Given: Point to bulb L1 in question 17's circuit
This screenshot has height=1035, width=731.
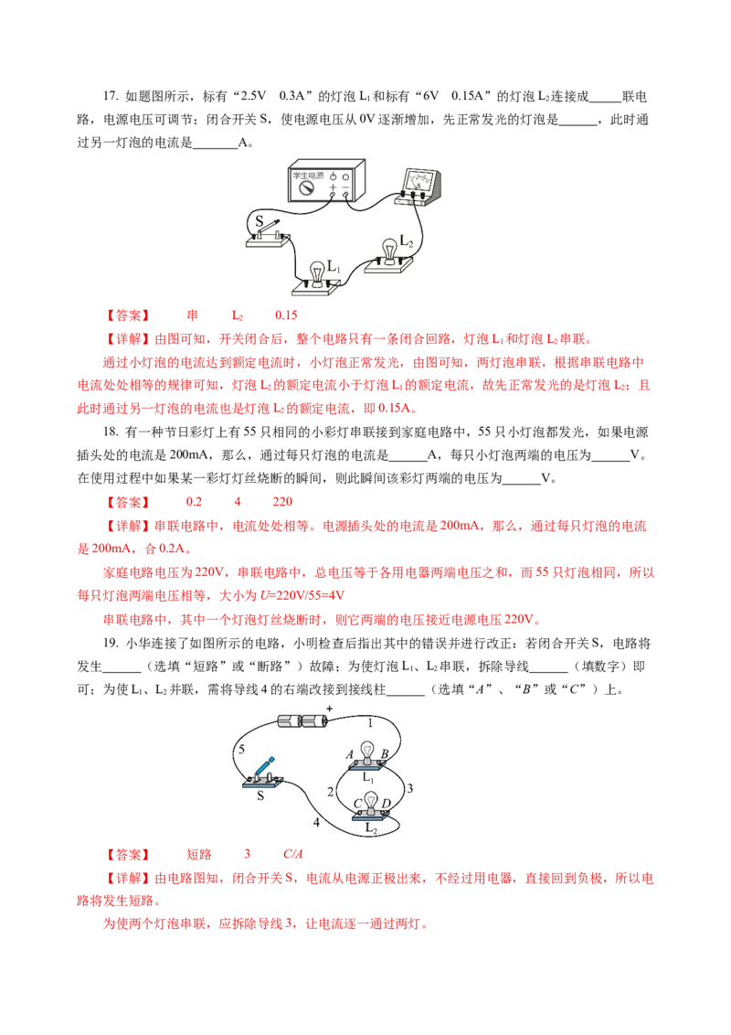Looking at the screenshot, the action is coord(317,278).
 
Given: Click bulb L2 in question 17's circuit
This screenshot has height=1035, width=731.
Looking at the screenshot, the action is coord(390,253).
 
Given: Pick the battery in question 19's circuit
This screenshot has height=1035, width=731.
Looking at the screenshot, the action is coord(303,720).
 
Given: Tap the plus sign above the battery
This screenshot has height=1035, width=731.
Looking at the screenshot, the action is coord(329,709).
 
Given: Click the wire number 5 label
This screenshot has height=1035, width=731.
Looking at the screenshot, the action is coord(241,749).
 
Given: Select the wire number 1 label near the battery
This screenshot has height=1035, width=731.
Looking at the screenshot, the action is coord(370,723).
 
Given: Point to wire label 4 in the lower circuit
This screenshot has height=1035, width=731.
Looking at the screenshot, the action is coord(316,823).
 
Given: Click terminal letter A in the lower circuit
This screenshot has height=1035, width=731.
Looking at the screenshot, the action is coord(350,753).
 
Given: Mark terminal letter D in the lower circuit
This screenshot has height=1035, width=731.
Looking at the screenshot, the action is coord(386,804).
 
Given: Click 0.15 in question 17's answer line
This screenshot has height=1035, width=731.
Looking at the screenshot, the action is coord(286,315).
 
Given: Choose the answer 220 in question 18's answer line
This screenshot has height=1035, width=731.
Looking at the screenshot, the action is coord(282,502).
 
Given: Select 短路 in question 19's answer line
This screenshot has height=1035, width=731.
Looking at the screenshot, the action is coord(199,854).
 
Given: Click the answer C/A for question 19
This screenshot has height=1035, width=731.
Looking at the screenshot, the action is coord(293,854).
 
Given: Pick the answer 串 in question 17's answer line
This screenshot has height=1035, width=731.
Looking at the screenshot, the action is coord(193,315).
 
